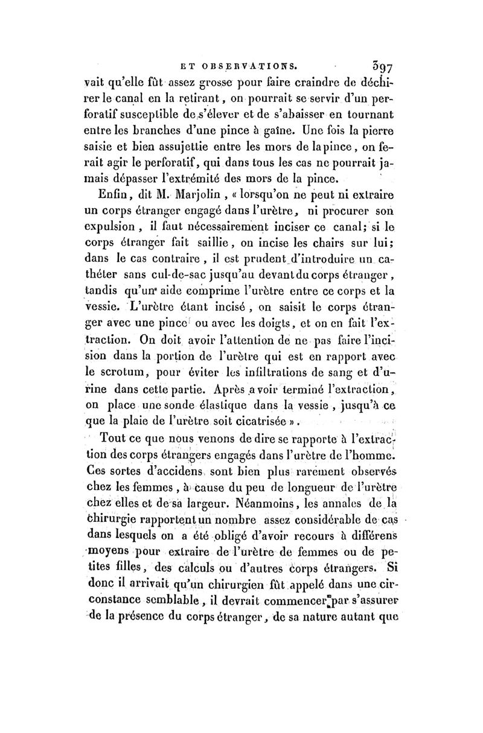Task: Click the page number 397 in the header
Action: [376, 60]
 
